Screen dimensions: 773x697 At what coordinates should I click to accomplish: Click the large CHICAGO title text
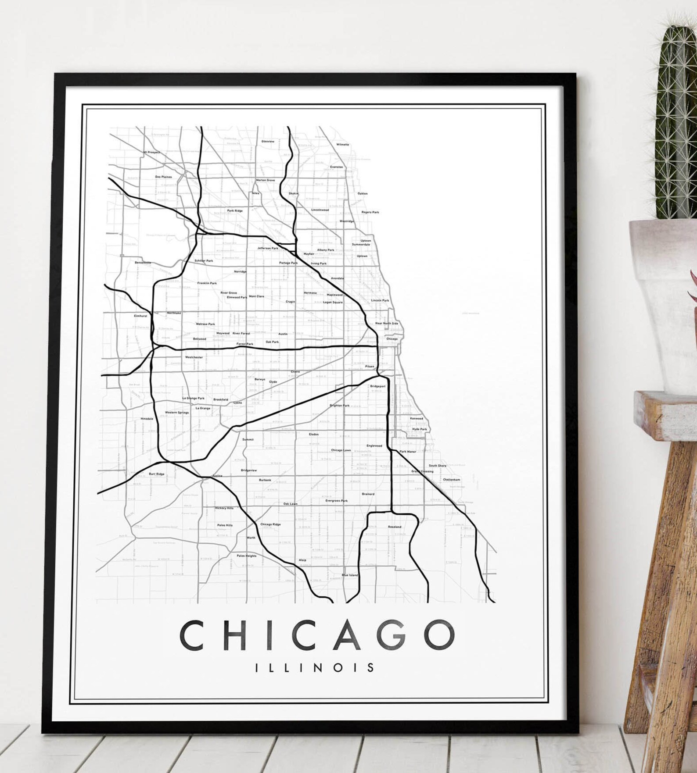pyautogui.click(x=317, y=635)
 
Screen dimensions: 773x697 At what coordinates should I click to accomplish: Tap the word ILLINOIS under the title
pyautogui.click(x=315, y=668)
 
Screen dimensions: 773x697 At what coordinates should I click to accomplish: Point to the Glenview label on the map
pyautogui.click(x=268, y=142)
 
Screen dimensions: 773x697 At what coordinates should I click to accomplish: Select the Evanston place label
pyautogui.click(x=337, y=167)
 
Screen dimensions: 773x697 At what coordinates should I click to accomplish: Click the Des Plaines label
pyautogui.click(x=163, y=177)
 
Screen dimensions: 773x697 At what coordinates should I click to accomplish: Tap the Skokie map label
pyautogui.click(x=293, y=193)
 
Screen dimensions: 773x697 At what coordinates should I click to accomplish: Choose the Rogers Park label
pyautogui.click(x=370, y=212)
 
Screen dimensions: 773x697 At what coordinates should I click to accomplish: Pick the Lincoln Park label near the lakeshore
pyautogui.click(x=380, y=300)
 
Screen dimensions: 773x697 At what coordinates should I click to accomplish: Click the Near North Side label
pyautogui.click(x=387, y=323)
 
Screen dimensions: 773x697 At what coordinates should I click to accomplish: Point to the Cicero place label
pyautogui.click(x=295, y=371)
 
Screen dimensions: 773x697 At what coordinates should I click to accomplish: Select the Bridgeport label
pyautogui.click(x=378, y=386)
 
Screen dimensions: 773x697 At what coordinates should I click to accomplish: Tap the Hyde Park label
pyautogui.click(x=420, y=429)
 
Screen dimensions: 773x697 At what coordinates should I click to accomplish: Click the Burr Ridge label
pyautogui.click(x=157, y=474)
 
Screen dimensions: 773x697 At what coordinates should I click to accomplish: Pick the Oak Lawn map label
pyautogui.click(x=290, y=504)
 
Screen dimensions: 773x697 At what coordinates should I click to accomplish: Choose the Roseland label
pyautogui.click(x=395, y=527)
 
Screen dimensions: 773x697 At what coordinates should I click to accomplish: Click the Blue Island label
pyautogui.click(x=350, y=575)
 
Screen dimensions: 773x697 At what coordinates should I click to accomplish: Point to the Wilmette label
pyautogui.click(x=343, y=144)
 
